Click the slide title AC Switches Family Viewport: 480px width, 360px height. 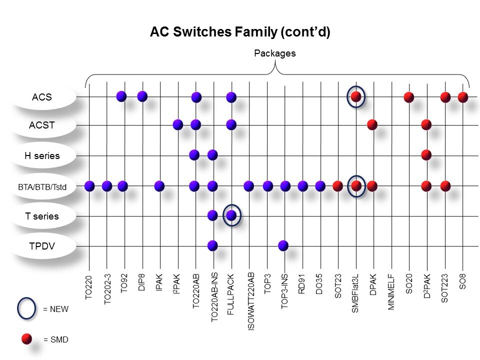click(x=240, y=32)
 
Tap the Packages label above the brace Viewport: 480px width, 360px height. click(x=274, y=53)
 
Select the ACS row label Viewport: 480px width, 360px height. click(x=42, y=96)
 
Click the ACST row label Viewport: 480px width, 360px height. click(x=42, y=125)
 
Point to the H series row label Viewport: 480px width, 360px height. click(x=42, y=155)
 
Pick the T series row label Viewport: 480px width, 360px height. click(x=42, y=216)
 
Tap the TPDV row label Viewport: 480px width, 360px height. click(x=42, y=246)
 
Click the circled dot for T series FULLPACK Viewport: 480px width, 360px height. click(x=231, y=215)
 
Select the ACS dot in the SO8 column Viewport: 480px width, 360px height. click(x=463, y=96)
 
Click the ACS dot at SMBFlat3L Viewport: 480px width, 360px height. click(x=356, y=96)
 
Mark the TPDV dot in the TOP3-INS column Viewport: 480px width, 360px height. click(x=283, y=245)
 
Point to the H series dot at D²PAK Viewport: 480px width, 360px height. click(x=426, y=154)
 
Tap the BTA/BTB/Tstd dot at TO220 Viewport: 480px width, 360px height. click(x=89, y=186)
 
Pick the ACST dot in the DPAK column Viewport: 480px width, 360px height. click(x=372, y=124)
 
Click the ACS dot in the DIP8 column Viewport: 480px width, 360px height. click(x=142, y=96)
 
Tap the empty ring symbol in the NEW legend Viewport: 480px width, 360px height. click(x=26, y=309)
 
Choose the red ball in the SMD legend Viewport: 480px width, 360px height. click(x=26, y=339)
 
